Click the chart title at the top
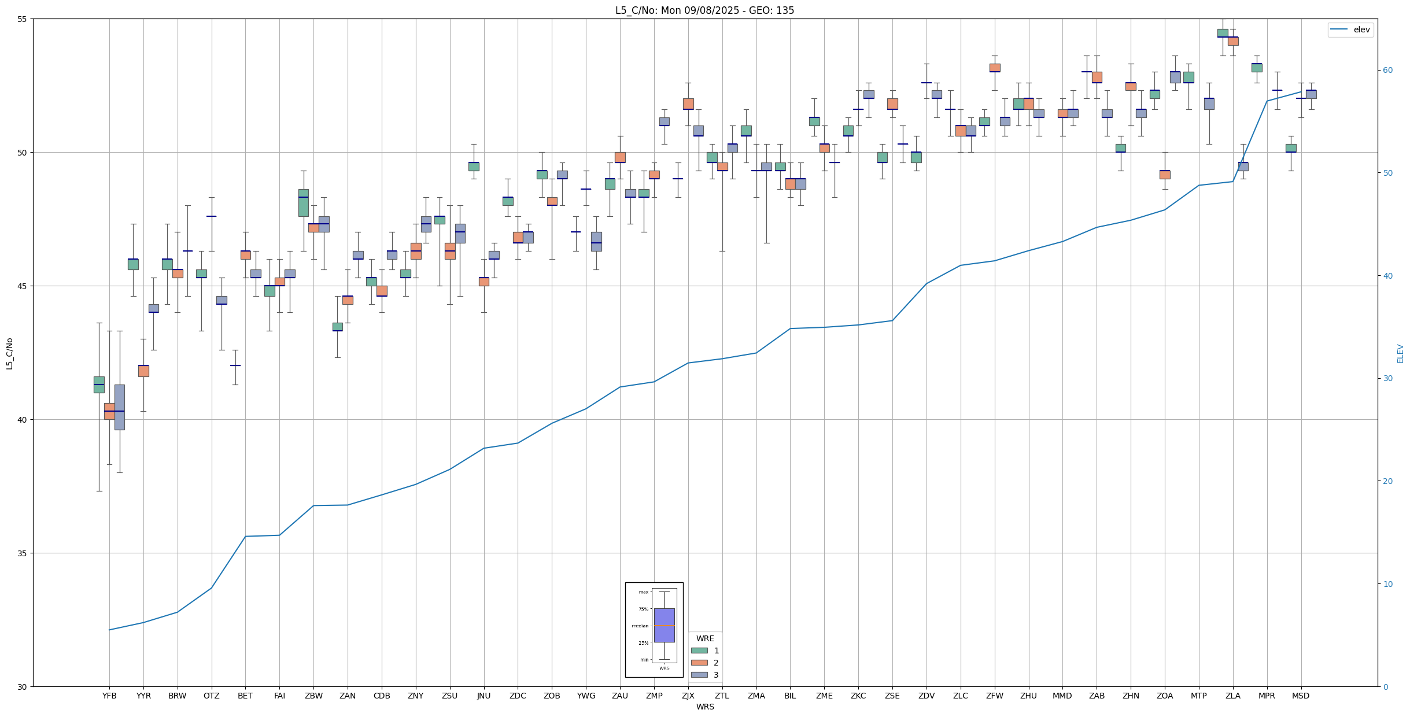click(x=704, y=10)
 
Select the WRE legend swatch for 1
click(x=699, y=651)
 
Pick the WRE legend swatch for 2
click(x=699, y=663)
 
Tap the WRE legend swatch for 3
click(x=699, y=675)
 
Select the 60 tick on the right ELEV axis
click(x=1387, y=71)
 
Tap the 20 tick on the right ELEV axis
click(x=1387, y=481)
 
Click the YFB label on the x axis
click(x=109, y=696)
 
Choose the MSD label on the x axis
click(x=1301, y=696)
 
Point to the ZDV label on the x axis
click(x=927, y=696)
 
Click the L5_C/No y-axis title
click(x=9, y=353)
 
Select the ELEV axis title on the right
click(x=1400, y=353)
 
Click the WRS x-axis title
click(x=705, y=707)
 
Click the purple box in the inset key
click(x=664, y=625)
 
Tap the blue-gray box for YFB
click(x=120, y=407)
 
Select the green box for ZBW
click(x=304, y=203)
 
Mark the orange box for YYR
click(x=143, y=371)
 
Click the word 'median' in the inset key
click(x=640, y=626)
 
